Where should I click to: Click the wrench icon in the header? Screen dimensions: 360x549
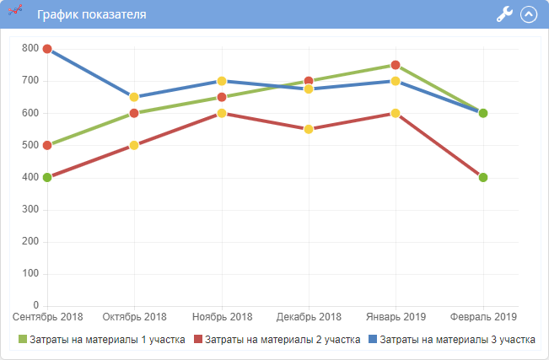(504, 14)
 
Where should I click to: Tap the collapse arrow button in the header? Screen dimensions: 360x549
(530, 14)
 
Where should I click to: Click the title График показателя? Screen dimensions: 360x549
(92, 14)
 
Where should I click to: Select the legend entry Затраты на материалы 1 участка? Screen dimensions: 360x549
(102, 339)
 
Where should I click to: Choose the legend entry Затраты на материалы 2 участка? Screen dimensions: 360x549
(277, 339)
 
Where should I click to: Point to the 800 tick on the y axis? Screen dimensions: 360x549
(30, 49)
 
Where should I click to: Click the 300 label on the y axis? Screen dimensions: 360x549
(30, 210)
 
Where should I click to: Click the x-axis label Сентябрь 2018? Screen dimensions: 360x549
(48, 317)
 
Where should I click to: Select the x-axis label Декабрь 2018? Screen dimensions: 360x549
(309, 317)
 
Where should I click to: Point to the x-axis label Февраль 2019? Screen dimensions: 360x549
(482, 317)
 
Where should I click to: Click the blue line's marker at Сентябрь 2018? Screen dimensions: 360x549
(47, 49)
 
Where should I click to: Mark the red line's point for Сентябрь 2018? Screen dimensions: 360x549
(47, 177)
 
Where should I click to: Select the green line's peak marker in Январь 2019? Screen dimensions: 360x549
(396, 65)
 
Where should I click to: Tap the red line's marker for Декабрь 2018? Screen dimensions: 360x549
(309, 129)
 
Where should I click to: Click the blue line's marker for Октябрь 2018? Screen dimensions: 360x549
(134, 97)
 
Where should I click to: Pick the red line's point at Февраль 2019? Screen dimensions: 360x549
(483, 177)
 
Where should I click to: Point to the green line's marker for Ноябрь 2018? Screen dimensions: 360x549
(222, 97)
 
